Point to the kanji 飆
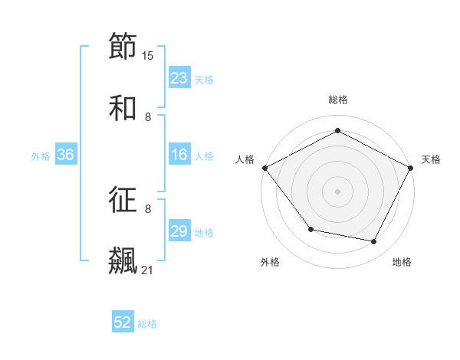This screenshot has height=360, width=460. click(x=123, y=260)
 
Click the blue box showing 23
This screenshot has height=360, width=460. click(x=179, y=78)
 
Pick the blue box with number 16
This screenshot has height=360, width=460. click(x=179, y=155)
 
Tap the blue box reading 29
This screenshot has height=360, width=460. click(x=179, y=232)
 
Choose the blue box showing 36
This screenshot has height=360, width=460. click(x=66, y=155)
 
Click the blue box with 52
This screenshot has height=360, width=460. click(x=123, y=323)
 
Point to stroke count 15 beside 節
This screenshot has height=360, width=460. click(x=148, y=56)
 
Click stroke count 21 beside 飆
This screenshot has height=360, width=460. click(x=148, y=270)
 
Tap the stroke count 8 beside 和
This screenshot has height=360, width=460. click(x=148, y=117)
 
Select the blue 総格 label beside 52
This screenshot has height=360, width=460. click(x=147, y=324)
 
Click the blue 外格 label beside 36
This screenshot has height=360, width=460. click(x=41, y=156)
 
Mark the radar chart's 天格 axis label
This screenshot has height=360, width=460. click(x=431, y=159)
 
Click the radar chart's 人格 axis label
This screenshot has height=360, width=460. click(x=245, y=159)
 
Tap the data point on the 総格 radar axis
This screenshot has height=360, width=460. click(x=337, y=130)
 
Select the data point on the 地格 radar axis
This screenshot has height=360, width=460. click(x=374, y=242)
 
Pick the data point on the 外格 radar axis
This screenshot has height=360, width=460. click(x=310, y=229)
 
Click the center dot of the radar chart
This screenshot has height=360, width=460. click(x=337, y=191)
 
